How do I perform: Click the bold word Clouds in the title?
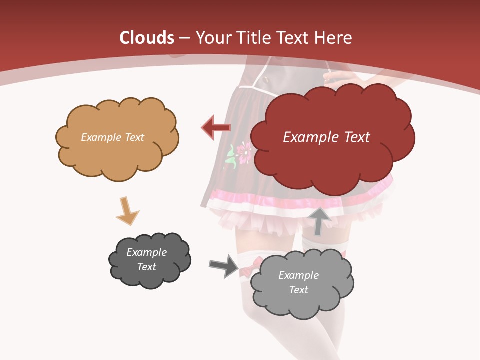click(147, 38)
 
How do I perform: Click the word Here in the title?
click(333, 38)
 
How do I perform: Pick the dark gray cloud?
click(149, 260)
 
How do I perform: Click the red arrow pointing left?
click(216, 128)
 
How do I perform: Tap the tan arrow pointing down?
click(127, 211)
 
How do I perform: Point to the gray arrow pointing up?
click(320, 221)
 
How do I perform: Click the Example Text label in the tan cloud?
click(112, 137)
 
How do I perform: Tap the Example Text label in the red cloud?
click(326, 137)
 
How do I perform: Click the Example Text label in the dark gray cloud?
click(146, 259)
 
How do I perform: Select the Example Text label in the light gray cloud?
click(298, 282)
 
